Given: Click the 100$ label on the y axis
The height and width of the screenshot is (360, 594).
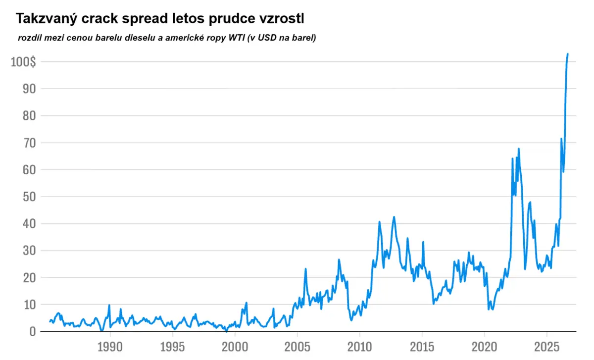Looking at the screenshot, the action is click(x=23, y=62).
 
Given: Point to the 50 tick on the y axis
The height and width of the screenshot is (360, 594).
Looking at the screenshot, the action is click(x=29, y=197).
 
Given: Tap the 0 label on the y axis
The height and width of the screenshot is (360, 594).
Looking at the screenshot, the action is click(x=33, y=332).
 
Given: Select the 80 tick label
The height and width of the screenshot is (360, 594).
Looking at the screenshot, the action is click(x=29, y=116).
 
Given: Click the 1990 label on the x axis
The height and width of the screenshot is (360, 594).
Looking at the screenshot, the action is click(x=110, y=347).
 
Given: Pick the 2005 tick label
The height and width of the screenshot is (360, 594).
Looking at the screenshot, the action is click(x=297, y=347).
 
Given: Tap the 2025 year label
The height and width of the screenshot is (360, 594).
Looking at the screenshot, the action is click(x=547, y=347).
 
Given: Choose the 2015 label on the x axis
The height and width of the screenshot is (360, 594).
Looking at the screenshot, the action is click(x=422, y=347).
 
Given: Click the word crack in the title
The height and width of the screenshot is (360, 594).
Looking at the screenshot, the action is click(x=99, y=19).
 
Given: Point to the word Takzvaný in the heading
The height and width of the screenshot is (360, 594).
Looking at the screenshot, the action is click(x=47, y=19).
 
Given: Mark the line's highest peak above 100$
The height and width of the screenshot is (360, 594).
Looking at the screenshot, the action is click(x=567, y=54).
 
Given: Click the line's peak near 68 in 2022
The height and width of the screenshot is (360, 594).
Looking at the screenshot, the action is click(x=518, y=149).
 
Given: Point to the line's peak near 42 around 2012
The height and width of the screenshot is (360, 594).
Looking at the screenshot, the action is click(x=394, y=217).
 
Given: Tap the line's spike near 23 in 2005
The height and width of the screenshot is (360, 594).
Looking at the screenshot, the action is click(x=305, y=269).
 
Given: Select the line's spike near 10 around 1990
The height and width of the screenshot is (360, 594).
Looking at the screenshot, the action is click(x=109, y=305).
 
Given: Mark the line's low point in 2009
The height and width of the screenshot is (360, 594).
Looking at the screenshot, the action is click(x=351, y=320).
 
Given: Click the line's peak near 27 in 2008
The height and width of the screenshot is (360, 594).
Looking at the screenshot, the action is click(x=339, y=259).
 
